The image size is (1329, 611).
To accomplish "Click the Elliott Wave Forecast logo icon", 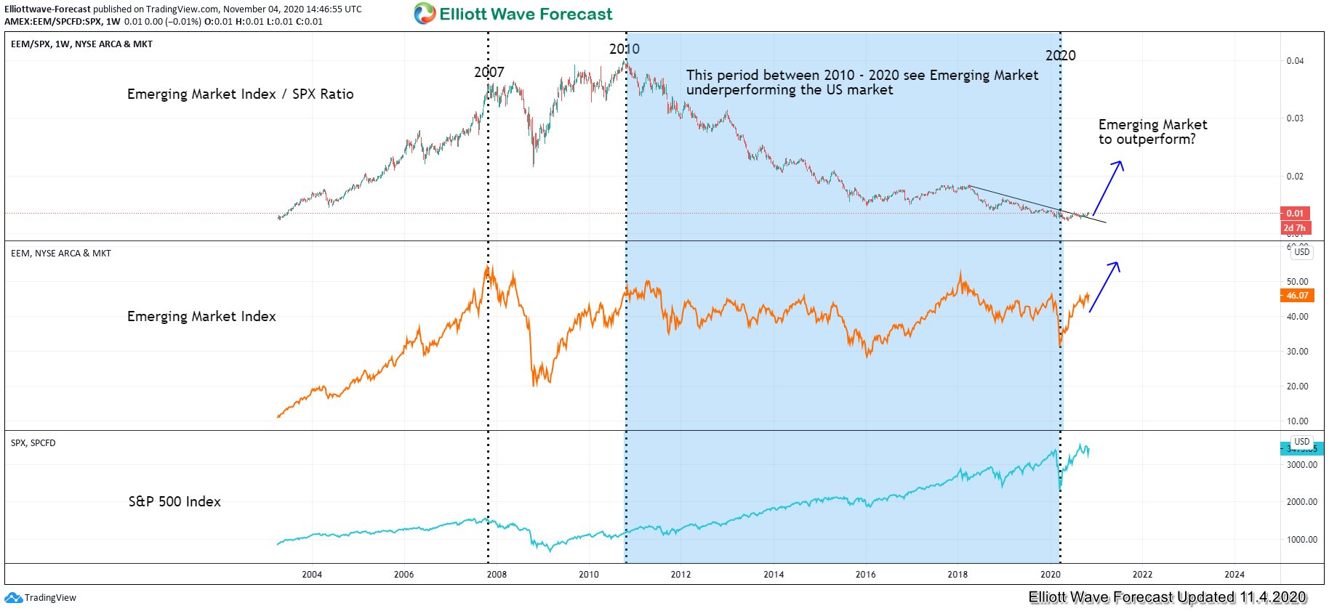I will point(425,14).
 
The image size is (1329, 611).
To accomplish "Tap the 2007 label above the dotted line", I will point(489,72).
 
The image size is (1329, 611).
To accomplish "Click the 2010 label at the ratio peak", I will point(625,49).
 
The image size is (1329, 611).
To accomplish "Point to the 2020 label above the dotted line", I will point(1061,55).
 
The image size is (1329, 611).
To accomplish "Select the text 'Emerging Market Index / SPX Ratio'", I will point(240,94).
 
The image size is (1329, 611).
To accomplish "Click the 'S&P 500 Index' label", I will point(174,501).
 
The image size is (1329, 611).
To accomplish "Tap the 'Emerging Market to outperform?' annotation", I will point(1152,131).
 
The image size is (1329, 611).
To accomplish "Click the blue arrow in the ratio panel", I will point(1109,187).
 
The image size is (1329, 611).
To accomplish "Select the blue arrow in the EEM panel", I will point(1104,286).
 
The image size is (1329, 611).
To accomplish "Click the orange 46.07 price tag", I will point(1296,296).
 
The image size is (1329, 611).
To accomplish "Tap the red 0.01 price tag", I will point(1295,213).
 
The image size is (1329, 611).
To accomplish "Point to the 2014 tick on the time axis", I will point(774,575).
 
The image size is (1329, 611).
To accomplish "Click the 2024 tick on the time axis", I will point(1234,575).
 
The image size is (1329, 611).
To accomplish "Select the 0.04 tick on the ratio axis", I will point(1295,61).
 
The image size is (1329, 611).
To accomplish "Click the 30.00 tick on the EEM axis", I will point(1297,352).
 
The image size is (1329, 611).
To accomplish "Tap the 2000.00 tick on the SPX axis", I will point(1301,502).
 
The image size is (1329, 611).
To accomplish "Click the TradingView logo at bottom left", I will point(41,598).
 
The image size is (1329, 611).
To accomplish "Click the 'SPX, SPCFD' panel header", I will point(33,443).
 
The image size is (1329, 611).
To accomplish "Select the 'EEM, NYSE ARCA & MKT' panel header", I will point(61,254).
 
